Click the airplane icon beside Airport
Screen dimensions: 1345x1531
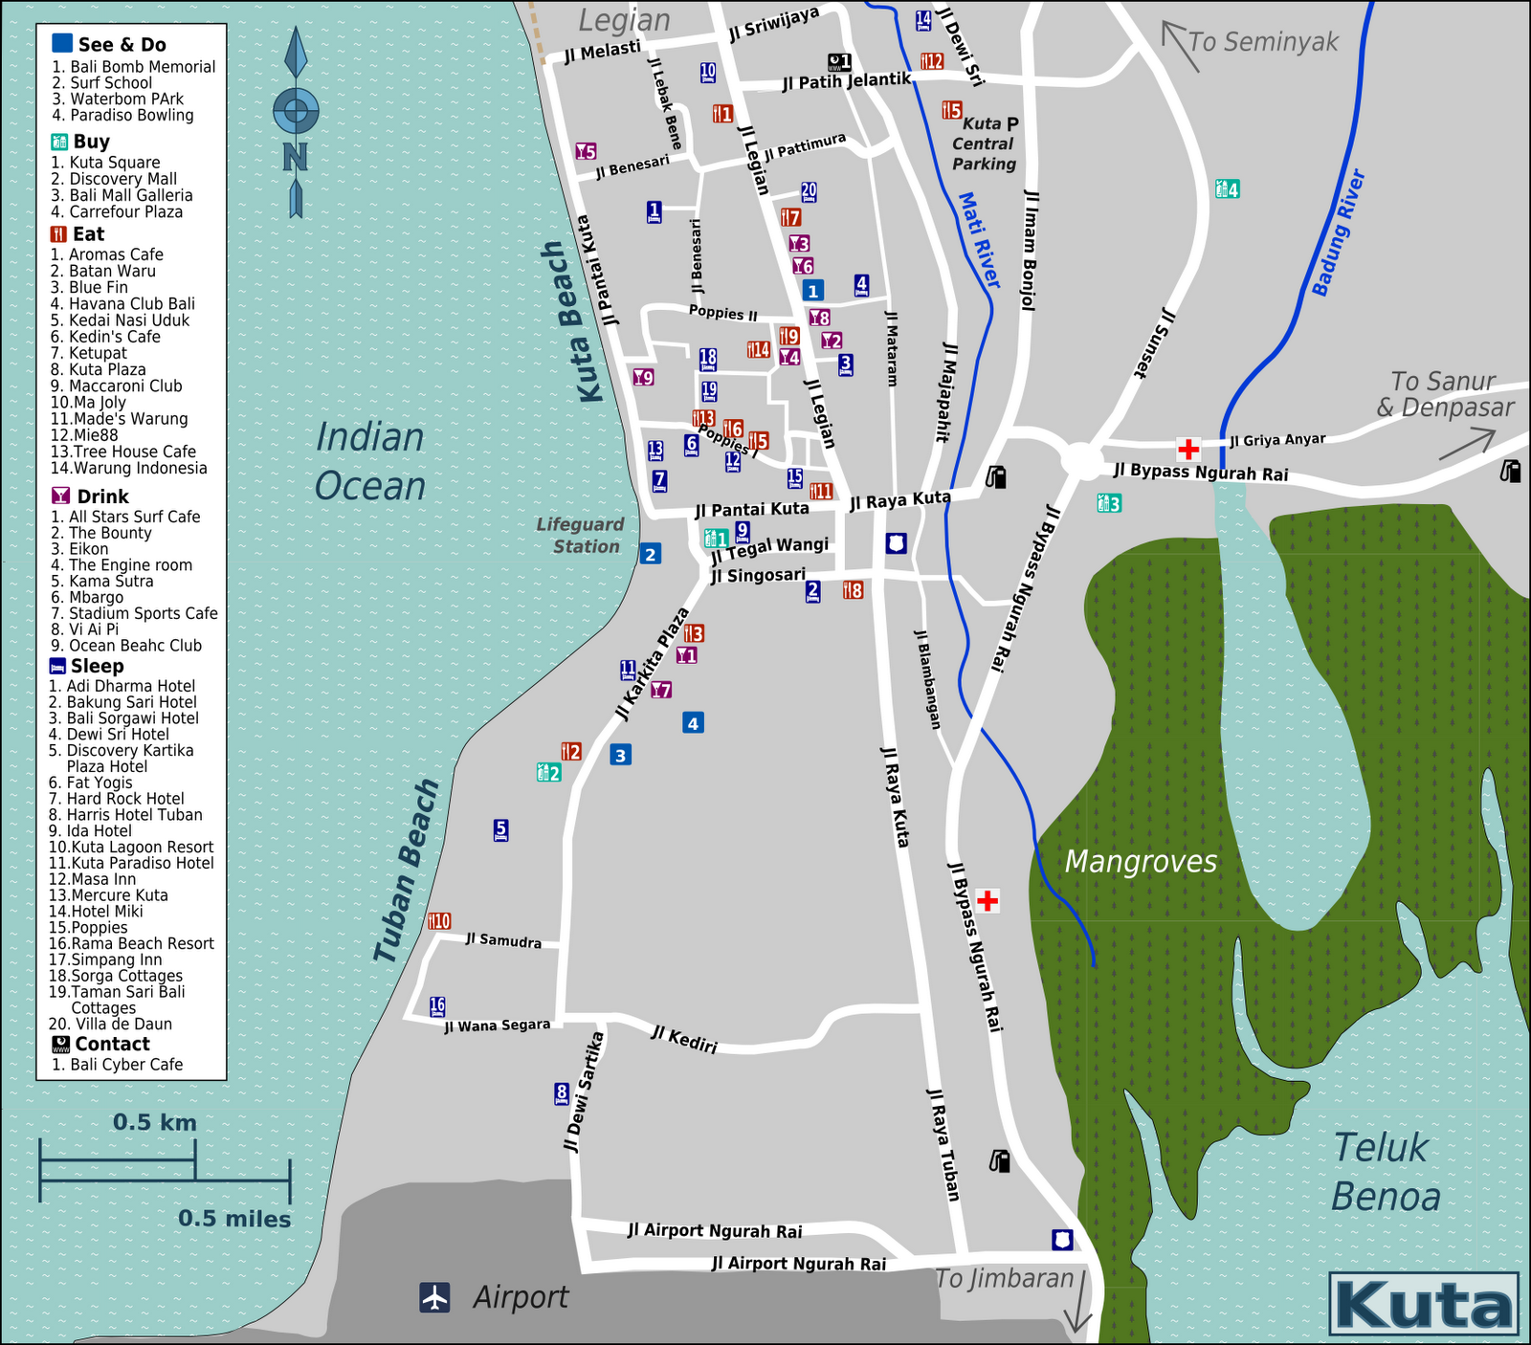click(x=435, y=1297)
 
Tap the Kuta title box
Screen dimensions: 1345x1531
click(x=1423, y=1304)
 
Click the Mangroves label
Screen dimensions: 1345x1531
click(x=1141, y=862)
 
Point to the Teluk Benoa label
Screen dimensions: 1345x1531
click(x=1385, y=1173)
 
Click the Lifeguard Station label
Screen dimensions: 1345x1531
click(x=580, y=536)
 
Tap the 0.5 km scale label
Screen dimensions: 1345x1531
click(x=155, y=1122)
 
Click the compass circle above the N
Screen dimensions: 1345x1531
click(x=296, y=111)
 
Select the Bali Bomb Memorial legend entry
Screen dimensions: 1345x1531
click(x=133, y=67)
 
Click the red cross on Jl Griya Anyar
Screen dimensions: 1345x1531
click(x=1188, y=449)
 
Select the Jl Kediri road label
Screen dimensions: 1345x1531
click(x=684, y=1039)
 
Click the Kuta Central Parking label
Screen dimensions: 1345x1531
click(x=985, y=144)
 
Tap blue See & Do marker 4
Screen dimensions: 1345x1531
click(x=693, y=723)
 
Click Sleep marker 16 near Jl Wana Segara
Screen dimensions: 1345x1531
click(x=437, y=1005)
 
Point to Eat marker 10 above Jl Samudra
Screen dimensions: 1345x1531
click(x=439, y=921)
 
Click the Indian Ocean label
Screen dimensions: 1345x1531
click(x=370, y=462)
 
